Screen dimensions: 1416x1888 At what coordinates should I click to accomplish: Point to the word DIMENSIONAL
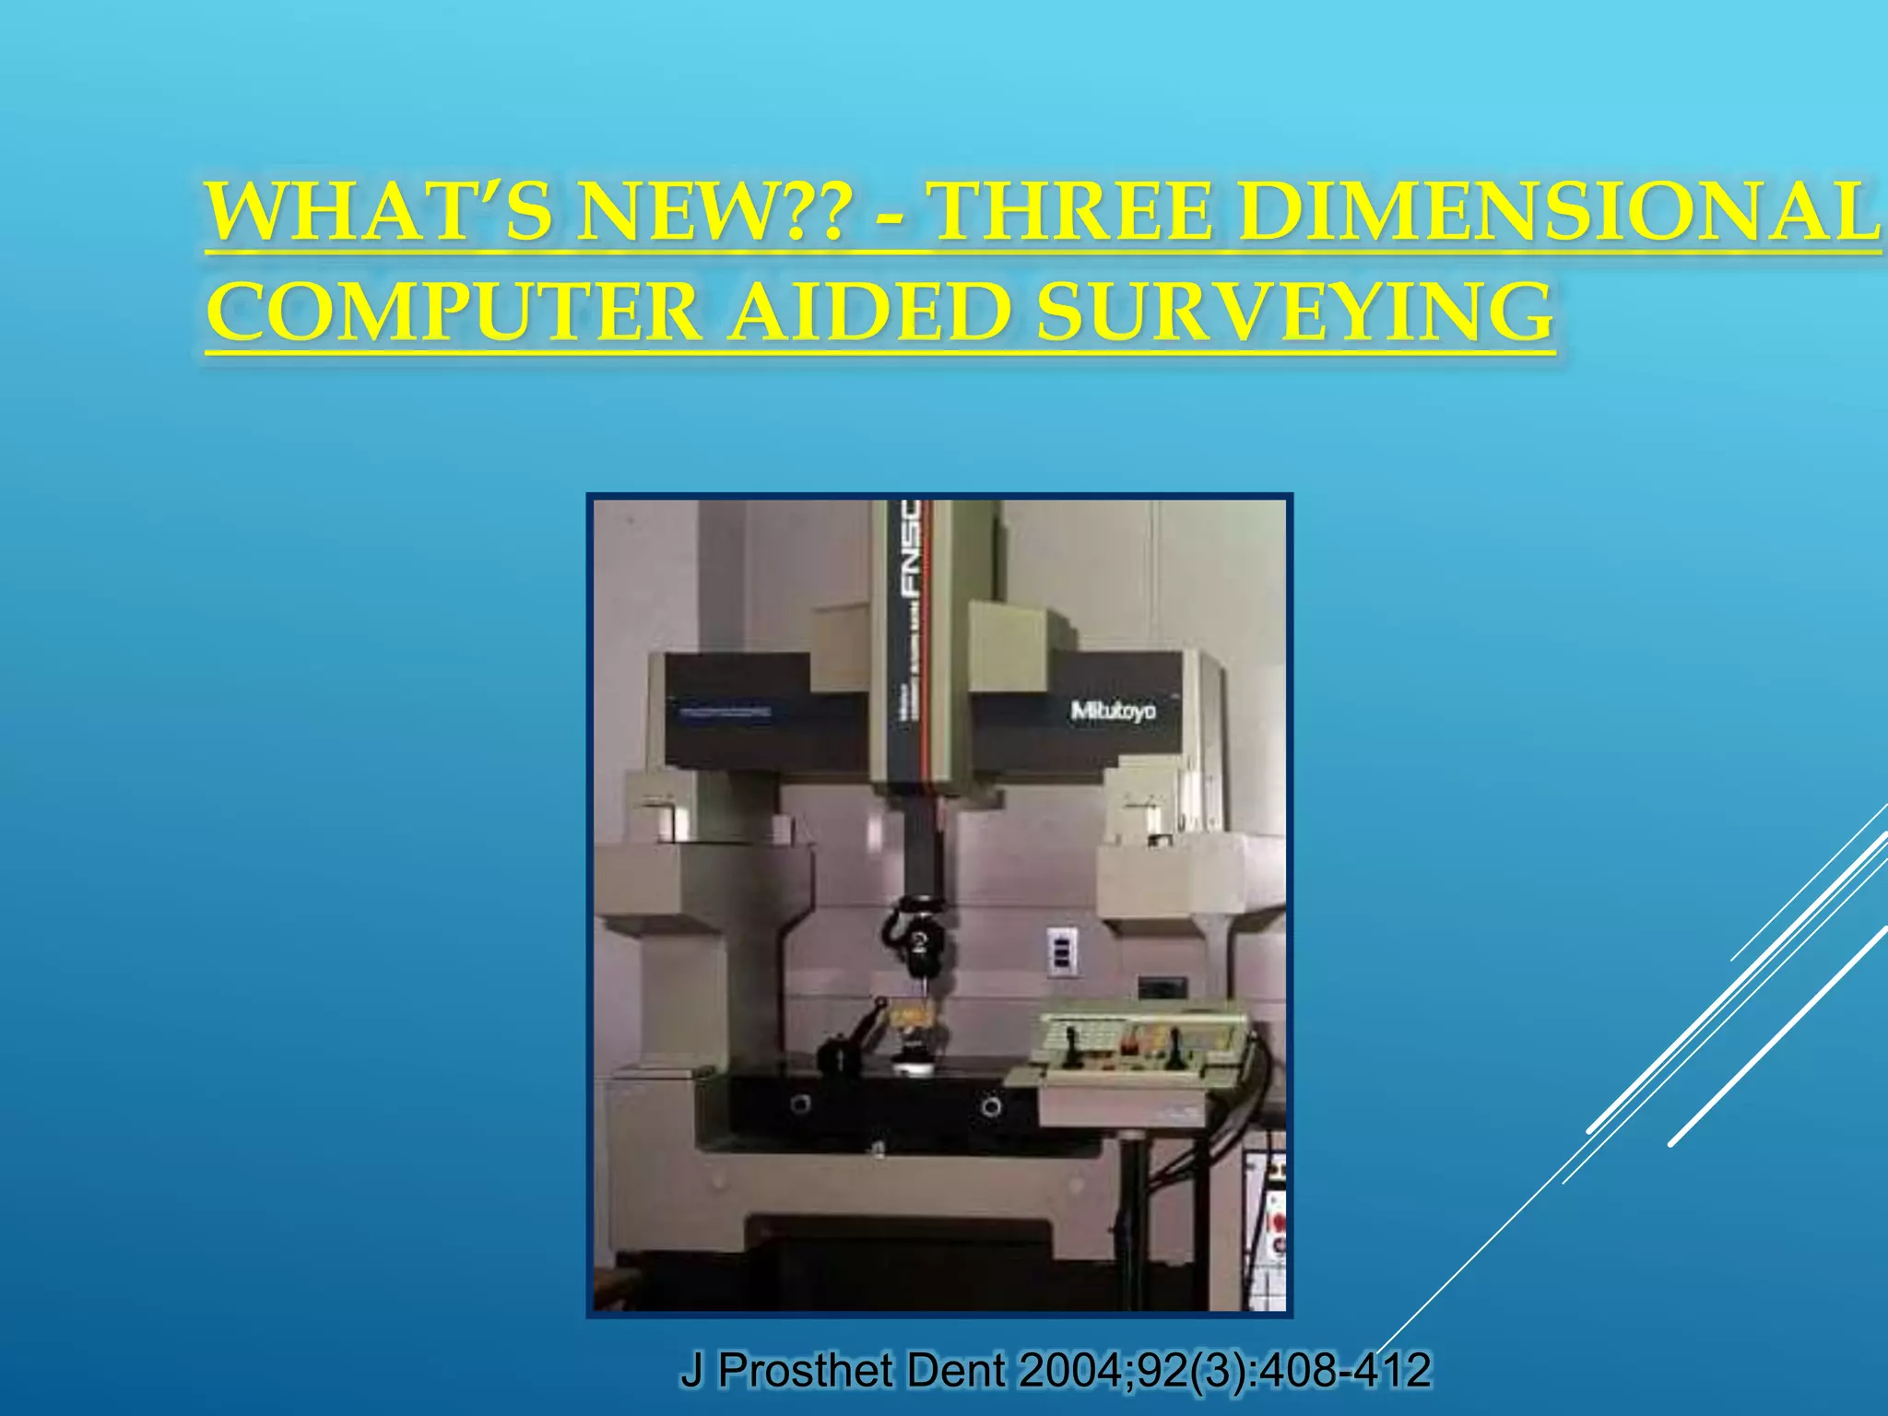pyautogui.click(x=1558, y=213)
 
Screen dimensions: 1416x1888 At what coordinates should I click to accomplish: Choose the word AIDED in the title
pyautogui.click(x=867, y=313)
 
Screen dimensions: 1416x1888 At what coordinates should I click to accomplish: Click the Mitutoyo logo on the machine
pyautogui.click(x=1113, y=711)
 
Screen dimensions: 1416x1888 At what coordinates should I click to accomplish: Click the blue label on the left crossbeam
pyautogui.click(x=726, y=713)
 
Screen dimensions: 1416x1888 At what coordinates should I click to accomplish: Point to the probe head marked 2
pyautogui.click(x=918, y=940)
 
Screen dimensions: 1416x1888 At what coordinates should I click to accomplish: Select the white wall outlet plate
pyautogui.click(x=1062, y=950)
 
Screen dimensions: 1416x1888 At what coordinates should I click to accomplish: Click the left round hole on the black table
pyautogui.click(x=801, y=1103)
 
